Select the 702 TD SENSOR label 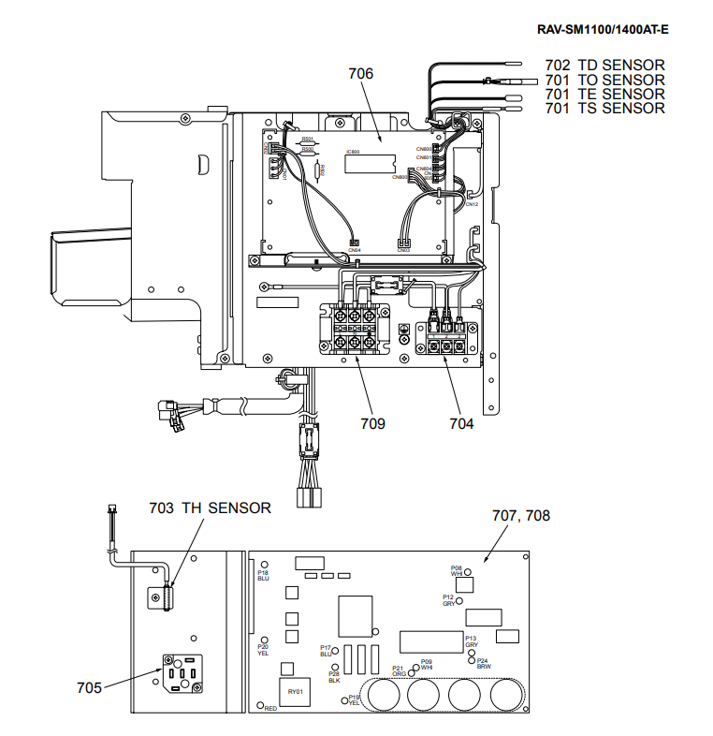pyautogui.click(x=604, y=66)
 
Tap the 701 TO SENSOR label pyautogui.click(x=604, y=80)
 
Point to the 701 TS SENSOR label pyautogui.click(x=604, y=109)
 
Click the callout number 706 pyautogui.click(x=360, y=74)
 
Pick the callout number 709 pyautogui.click(x=372, y=423)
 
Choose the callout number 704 pyautogui.click(x=461, y=423)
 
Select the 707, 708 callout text pyautogui.click(x=520, y=515)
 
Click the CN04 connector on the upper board pyautogui.click(x=355, y=243)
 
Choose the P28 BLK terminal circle pyautogui.click(x=335, y=666)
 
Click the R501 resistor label pyautogui.click(x=307, y=139)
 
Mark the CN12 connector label pyautogui.click(x=472, y=204)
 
